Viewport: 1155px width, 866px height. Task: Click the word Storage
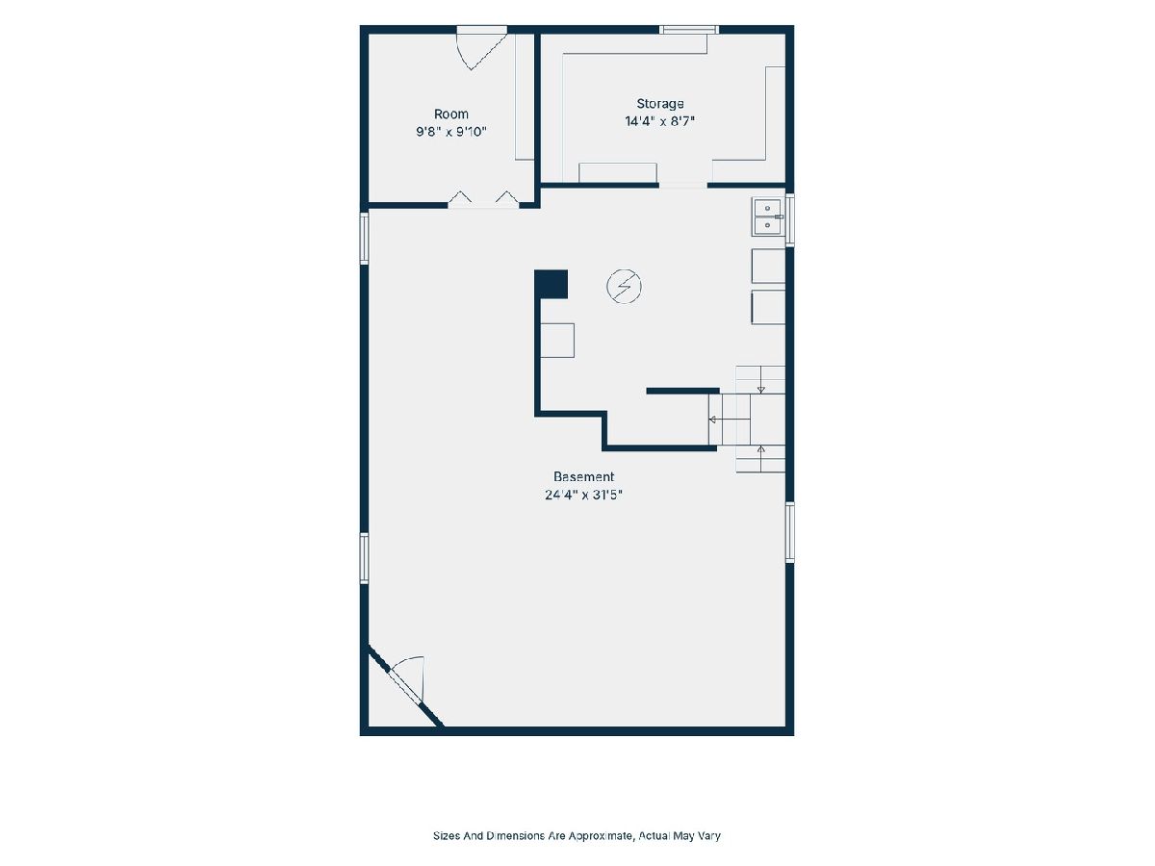tap(660, 104)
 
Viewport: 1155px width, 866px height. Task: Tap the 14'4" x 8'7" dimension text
tap(660, 121)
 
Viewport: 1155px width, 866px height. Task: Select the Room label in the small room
tap(451, 115)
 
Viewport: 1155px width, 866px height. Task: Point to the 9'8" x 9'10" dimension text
tap(451, 132)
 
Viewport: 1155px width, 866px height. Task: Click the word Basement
tap(583, 476)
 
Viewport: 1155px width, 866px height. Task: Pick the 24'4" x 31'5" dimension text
tap(583, 495)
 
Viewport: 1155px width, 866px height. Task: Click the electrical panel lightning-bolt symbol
tap(624, 287)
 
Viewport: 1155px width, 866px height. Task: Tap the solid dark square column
tap(551, 285)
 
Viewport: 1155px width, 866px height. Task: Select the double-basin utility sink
tap(768, 216)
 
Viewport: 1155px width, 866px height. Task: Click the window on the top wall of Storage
tap(689, 30)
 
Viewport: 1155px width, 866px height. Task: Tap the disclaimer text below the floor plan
tap(577, 835)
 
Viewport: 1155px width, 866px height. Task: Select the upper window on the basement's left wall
tap(364, 238)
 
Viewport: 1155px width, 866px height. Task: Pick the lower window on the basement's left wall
tap(364, 558)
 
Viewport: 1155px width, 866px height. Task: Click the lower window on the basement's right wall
tap(790, 533)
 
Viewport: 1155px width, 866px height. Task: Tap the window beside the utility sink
tap(790, 219)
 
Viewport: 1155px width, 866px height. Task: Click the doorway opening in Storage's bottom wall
tap(683, 185)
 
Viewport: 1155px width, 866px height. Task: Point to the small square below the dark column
tap(557, 341)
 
